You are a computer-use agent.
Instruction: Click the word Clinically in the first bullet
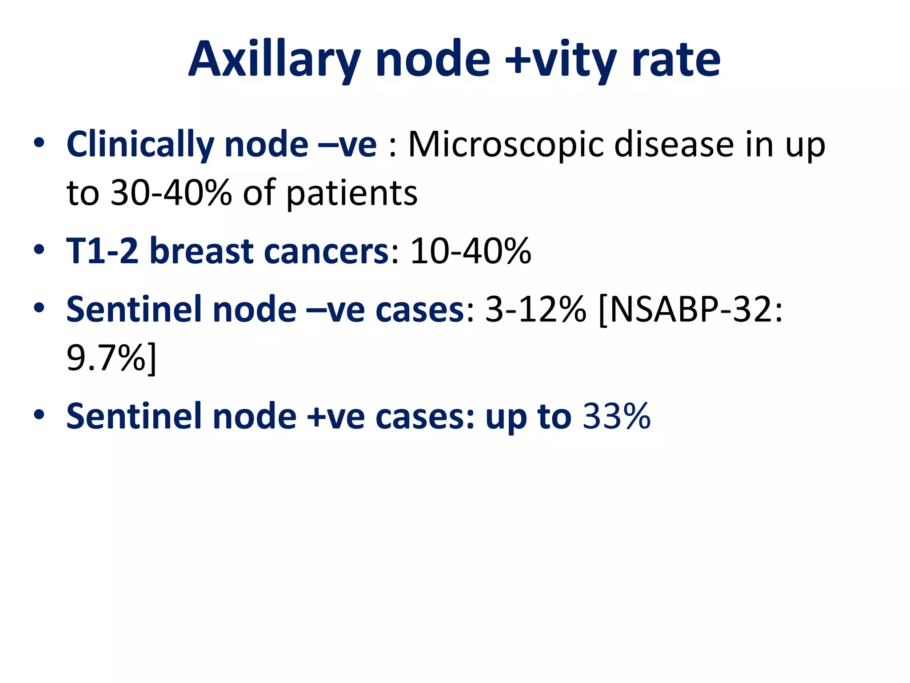[140, 145]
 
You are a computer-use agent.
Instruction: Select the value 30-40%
[171, 193]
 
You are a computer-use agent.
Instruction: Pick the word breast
[202, 251]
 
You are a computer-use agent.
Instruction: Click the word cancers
[327, 251]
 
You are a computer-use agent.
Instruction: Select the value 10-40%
[470, 251]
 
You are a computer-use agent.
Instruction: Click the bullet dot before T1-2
[39, 249]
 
